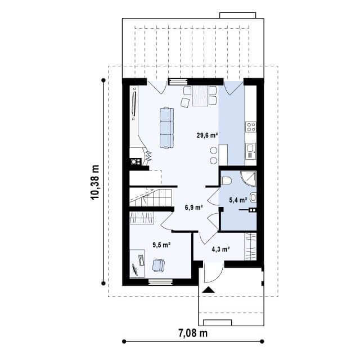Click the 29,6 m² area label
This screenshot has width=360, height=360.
[207, 135]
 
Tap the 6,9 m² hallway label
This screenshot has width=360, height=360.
[193, 208]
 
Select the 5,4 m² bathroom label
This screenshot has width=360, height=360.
[238, 200]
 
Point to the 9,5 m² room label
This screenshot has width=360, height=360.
[161, 245]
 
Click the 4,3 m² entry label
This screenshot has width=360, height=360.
[221, 249]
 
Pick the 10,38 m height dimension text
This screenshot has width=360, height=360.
[95, 182]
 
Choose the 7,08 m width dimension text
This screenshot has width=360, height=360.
[193, 333]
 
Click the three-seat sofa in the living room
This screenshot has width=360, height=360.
[166, 128]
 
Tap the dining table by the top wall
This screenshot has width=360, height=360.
[200, 96]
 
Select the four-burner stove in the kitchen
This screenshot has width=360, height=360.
[250, 127]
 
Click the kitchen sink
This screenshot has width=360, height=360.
[250, 151]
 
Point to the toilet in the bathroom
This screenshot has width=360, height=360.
[226, 181]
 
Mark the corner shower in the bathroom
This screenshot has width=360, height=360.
[249, 179]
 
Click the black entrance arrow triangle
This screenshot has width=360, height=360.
[209, 290]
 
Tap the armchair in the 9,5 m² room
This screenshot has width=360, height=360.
[159, 265]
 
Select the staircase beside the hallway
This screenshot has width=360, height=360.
[150, 197]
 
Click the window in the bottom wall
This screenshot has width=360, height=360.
[160, 282]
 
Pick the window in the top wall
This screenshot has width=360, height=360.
[178, 82]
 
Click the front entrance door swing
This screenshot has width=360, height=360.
[214, 273]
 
